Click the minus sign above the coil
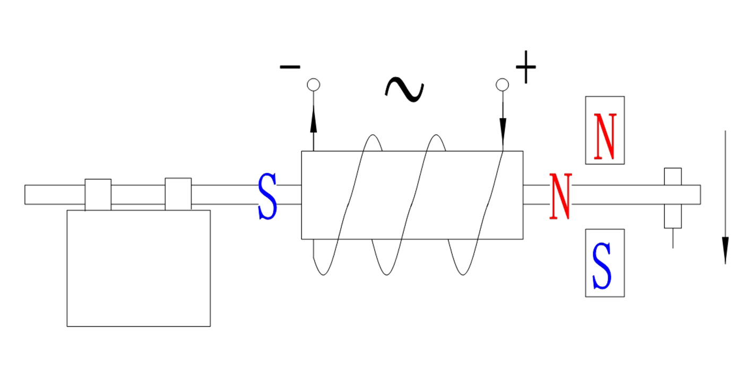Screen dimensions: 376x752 (290, 67)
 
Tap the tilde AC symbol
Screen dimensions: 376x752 (404, 89)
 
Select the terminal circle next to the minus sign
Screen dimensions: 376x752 (314, 84)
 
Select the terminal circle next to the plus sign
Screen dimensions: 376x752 (502, 84)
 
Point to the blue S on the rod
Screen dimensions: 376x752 (267, 197)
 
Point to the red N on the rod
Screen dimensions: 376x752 (560, 196)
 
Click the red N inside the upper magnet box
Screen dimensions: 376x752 (604, 136)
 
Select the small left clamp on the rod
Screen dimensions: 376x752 (98, 195)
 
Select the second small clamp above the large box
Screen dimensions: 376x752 (178, 194)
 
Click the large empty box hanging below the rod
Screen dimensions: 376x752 (139, 268)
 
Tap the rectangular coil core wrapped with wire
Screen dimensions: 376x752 (412, 195)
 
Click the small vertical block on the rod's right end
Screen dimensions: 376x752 (673, 197)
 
